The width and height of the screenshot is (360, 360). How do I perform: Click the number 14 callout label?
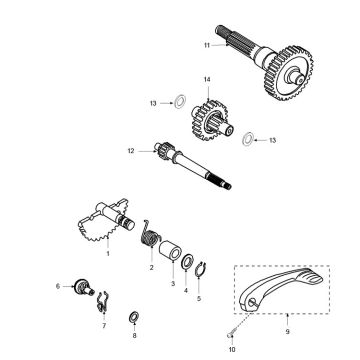coord(208,79)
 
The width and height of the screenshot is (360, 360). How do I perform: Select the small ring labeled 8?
coord(134,317)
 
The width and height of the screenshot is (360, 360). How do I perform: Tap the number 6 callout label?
coord(58,286)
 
